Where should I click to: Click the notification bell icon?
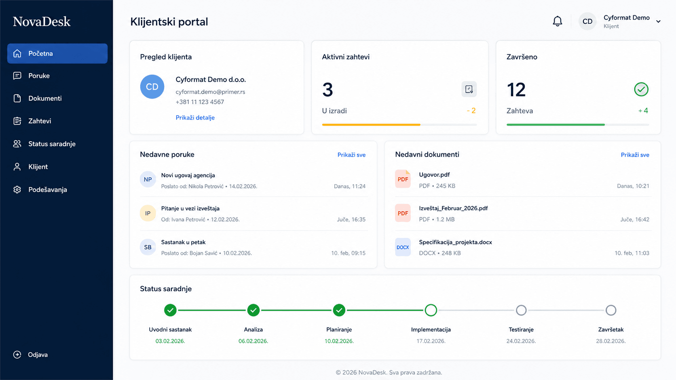click(x=558, y=21)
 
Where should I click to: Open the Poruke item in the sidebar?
click(x=39, y=76)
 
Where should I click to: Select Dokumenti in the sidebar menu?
click(x=45, y=98)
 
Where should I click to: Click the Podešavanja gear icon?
click(x=17, y=189)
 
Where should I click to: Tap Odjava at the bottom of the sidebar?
click(x=38, y=355)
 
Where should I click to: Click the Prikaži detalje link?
click(x=195, y=118)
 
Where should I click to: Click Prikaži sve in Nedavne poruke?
click(x=351, y=155)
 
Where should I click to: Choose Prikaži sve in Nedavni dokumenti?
click(x=635, y=155)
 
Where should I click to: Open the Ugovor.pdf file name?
click(x=434, y=175)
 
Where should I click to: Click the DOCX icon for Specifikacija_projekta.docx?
click(x=403, y=247)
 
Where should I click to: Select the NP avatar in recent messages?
click(x=148, y=179)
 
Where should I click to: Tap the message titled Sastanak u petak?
click(x=183, y=242)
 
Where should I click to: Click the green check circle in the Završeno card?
click(x=641, y=90)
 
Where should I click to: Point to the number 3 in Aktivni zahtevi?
click(x=327, y=90)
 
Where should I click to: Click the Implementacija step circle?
click(x=431, y=310)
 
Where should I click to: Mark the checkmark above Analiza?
click(x=253, y=310)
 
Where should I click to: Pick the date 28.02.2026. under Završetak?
click(x=611, y=341)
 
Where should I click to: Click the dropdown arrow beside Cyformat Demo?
click(x=659, y=21)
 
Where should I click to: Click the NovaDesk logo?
click(x=42, y=21)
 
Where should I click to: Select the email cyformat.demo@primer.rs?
click(x=210, y=92)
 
